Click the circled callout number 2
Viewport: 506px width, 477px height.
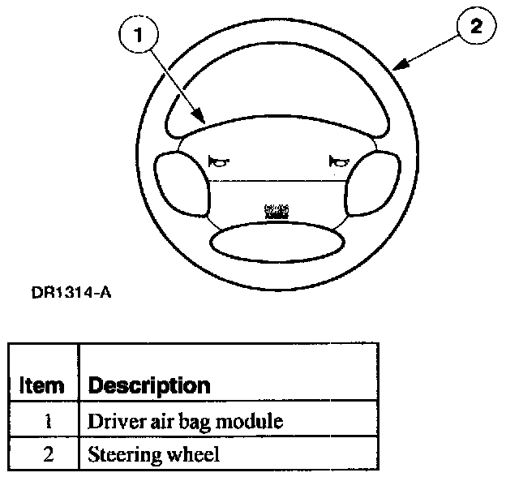click(x=475, y=26)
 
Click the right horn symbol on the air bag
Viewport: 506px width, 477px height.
click(x=337, y=162)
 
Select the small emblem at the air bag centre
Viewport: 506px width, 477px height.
click(x=276, y=211)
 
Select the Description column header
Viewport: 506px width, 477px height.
click(x=148, y=385)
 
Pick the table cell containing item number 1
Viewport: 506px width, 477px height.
click(x=47, y=422)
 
